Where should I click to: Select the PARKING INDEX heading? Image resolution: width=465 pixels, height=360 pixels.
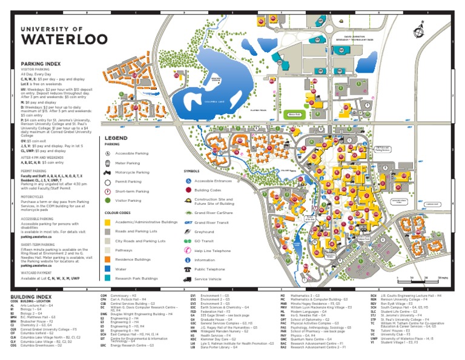pos(41,63)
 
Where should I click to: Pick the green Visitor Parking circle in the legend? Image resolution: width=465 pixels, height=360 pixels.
pos(108,200)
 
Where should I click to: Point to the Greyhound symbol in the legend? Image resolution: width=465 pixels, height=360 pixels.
pos(188,232)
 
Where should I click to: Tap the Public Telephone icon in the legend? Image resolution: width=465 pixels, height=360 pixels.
pos(188,269)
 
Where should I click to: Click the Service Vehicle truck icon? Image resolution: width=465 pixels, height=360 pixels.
pos(188,279)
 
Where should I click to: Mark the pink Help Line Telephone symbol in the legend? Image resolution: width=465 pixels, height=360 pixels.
pos(188,250)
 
